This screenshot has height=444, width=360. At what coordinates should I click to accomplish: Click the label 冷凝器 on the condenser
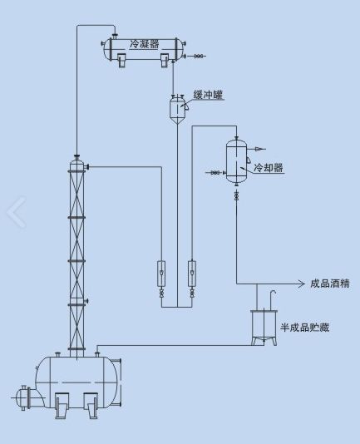(x=145, y=44)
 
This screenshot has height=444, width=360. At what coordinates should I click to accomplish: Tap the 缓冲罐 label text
(x=208, y=95)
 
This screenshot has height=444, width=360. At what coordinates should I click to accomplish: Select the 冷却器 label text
(x=269, y=168)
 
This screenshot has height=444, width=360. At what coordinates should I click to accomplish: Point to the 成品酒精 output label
(x=330, y=284)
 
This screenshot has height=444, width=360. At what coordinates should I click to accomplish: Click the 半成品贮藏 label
(x=304, y=328)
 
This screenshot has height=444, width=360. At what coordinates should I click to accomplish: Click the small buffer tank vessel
(x=177, y=110)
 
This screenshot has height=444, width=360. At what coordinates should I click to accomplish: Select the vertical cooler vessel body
(x=236, y=161)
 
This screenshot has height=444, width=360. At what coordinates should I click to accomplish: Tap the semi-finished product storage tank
(x=264, y=328)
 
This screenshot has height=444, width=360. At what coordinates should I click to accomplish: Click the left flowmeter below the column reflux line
(x=161, y=274)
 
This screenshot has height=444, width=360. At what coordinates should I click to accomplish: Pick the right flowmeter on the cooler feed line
(x=192, y=274)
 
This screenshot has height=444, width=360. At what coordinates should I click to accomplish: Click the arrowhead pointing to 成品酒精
(x=301, y=284)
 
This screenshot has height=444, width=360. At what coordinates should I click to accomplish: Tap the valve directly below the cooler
(x=236, y=195)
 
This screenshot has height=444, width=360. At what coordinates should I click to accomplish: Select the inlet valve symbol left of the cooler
(x=215, y=172)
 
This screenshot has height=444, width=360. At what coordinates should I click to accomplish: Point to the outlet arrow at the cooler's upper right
(x=259, y=149)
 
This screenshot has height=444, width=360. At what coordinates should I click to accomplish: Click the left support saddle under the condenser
(x=122, y=61)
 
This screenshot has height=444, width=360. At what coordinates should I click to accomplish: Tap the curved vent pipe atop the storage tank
(x=273, y=300)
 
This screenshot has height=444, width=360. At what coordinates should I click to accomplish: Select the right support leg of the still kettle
(x=91, y=406)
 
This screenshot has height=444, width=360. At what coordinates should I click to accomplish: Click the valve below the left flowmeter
(x=161, y=294)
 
